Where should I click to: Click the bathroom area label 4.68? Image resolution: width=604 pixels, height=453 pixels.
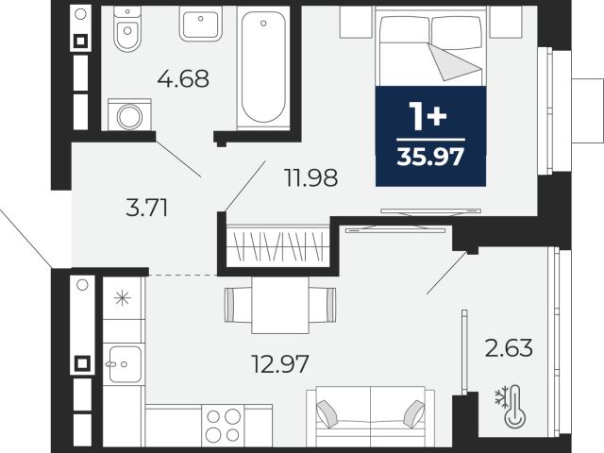coord(183,78)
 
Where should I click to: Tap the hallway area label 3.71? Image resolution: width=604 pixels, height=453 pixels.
coord(147,208)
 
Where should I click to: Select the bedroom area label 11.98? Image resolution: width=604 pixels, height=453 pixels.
coord(310,178)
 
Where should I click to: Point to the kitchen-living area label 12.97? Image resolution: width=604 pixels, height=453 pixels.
coord(280,364)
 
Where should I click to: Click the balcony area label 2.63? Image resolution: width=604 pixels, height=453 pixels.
coord(509,348)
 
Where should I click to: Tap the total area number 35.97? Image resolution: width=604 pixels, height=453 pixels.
coord(430,158)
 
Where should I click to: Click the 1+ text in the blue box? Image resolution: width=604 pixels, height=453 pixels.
coord(428,116)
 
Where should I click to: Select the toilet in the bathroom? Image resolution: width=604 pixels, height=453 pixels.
coord(128,29)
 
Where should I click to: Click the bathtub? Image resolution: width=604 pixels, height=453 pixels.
coord(263,67)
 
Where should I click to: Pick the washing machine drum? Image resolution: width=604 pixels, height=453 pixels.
coord(129,117)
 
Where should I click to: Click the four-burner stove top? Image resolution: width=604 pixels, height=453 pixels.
coord(223,426)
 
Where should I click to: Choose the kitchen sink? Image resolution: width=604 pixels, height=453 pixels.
coord(124,364)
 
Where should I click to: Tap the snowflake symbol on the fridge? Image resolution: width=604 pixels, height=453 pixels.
coord(123,298)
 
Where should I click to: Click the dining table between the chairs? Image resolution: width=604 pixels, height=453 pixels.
coord(280,306)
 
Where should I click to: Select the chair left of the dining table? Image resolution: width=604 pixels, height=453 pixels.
coord(238,305)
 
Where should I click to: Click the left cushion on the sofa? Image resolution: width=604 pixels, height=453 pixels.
coord(327,413)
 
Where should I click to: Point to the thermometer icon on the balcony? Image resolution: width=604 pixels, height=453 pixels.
coord(515,407)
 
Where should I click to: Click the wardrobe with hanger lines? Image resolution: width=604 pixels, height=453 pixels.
coord(278,245)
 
